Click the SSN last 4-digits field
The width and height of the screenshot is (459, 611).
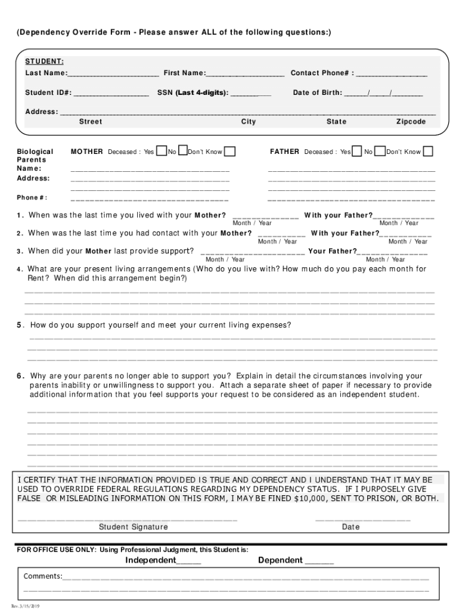(250, 94)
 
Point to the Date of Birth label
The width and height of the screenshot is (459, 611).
(318, 92)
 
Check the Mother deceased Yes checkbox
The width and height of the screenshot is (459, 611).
(161, 151)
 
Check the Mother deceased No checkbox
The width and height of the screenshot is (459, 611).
(183, 151)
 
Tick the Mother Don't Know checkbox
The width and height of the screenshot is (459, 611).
(229, 151)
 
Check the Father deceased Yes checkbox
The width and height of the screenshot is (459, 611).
(357, 151)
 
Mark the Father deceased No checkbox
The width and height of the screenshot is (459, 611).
(380, 151)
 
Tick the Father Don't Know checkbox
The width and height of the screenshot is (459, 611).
(427, 151)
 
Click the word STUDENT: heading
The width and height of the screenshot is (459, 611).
(44, 61)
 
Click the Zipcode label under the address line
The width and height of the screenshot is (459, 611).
(411, 122)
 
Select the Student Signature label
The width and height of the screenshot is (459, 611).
(134, 527)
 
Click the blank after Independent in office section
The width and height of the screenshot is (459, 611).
(189, 561)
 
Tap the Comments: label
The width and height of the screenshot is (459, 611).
(43, 576)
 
